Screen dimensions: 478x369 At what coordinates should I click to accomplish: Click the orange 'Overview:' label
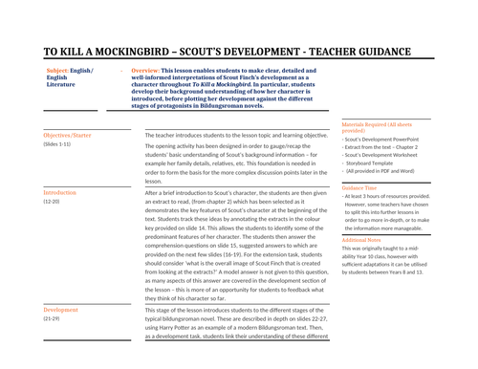coord(145,71)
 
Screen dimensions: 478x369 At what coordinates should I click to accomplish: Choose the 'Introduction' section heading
coord(60,193)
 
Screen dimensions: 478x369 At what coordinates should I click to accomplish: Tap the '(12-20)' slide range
coord(54,202)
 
